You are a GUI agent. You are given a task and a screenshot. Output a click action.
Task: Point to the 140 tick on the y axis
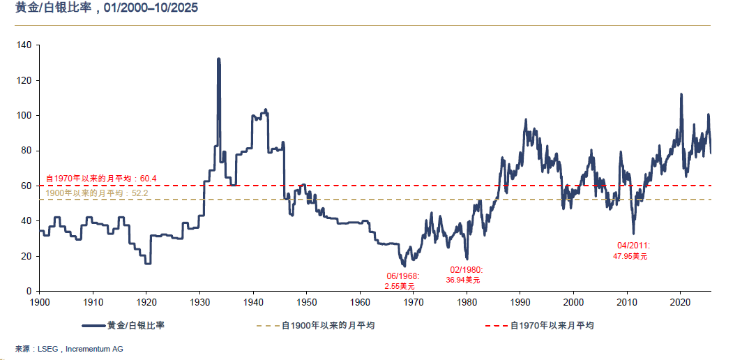(25, 45)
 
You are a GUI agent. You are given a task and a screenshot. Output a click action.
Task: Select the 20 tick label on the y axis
(27, 256)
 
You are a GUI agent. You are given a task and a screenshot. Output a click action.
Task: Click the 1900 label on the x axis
(40, 302)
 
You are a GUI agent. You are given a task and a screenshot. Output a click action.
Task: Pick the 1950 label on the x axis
(306, 302)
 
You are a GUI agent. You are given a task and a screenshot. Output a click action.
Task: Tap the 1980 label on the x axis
(467, 302)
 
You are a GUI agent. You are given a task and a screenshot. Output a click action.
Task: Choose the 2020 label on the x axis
(680, 302)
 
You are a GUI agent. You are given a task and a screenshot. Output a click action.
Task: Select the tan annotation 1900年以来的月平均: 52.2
(96, 193)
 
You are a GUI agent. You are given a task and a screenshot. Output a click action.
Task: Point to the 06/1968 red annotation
(402, 276)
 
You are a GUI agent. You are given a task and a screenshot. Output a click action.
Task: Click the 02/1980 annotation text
(464, 270)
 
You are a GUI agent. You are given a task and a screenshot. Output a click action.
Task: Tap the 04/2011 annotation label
(633, 246)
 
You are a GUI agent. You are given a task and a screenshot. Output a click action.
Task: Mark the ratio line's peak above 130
(218, 60)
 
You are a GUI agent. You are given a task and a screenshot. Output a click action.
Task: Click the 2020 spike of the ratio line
(681, 95)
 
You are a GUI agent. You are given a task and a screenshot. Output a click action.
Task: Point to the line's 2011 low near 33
(633, 232)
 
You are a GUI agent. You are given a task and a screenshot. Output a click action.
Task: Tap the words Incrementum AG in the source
(94, 348)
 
